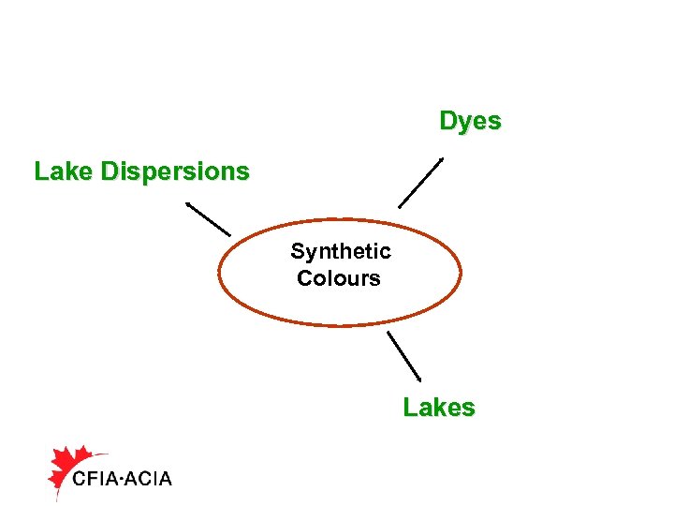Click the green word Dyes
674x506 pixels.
pos(470,122)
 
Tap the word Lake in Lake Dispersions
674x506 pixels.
pos(63,171)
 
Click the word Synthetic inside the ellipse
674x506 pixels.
pos(340,251)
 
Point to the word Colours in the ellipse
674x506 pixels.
pos(338,278)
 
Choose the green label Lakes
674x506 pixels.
pos(439,408)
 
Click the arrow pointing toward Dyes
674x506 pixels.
pos(420,182)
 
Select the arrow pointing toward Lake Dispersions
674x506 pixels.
pos(208,218)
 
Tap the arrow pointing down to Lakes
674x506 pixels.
pos(403,355)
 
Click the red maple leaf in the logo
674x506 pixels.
pos(68,466)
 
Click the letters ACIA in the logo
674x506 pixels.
pos(146,479)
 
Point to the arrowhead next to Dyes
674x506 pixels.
pos(441,159)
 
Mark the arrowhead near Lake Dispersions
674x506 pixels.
pos(188,204)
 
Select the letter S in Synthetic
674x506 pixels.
pos(297,251)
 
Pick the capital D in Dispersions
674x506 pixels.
pos(110,171)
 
